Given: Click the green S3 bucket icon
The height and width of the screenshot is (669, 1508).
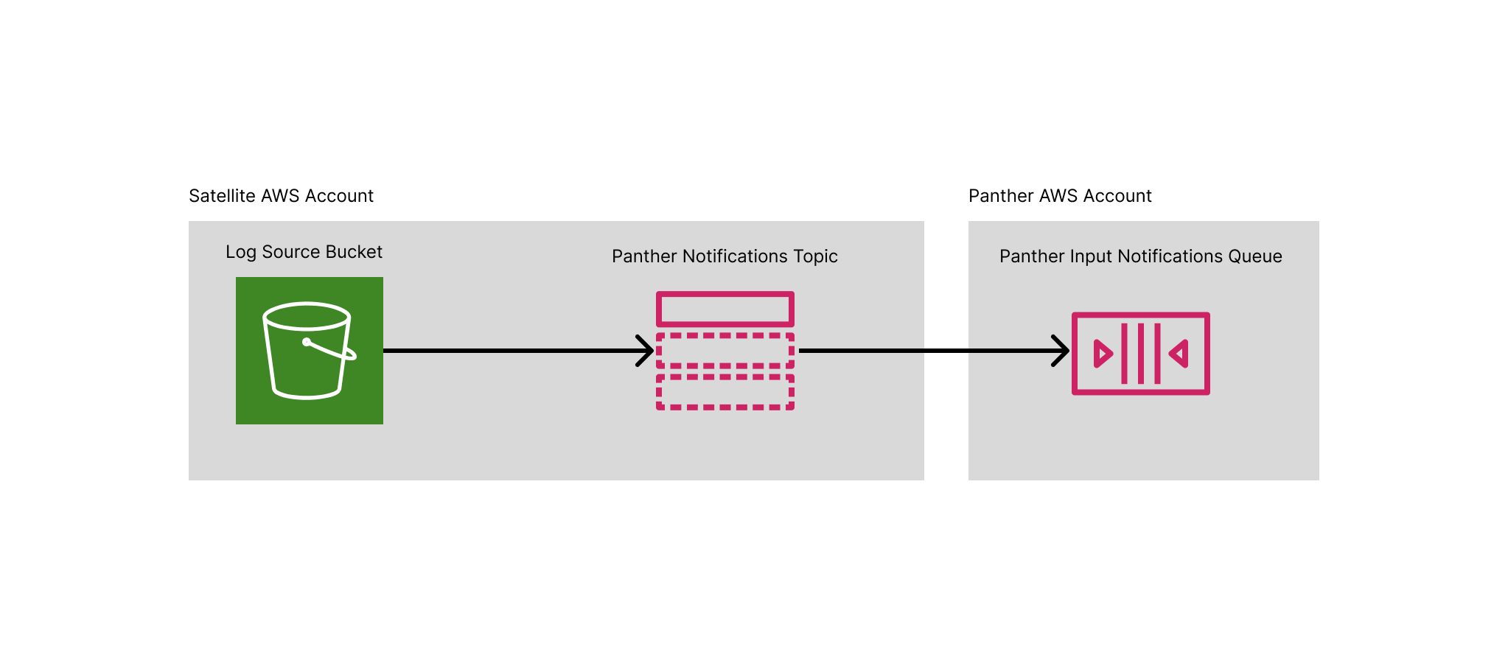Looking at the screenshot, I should click(x=310, y=351).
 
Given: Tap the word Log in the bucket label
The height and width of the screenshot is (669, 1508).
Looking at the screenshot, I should click(x=240, y=252).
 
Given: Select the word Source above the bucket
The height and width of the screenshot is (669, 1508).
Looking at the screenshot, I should click(x=290, y=252).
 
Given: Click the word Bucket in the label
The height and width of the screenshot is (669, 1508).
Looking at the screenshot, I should click(x=354, y=252).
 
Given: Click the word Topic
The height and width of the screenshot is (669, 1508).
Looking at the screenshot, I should click(x=815, y=256).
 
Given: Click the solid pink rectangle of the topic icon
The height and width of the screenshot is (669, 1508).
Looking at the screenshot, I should click(x=725, y=309).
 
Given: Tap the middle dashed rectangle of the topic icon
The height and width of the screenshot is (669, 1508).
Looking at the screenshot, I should click(x=725, y=351).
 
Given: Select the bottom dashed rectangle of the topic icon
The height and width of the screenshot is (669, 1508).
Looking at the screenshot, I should click(x=725, y=392).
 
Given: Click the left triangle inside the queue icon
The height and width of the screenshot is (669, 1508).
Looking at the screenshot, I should click(x=1103, y=354).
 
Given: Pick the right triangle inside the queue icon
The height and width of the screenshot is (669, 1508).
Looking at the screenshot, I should click(x=1179, y=354).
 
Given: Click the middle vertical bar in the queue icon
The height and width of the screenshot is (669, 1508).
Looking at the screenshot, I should click(x=1141, y=354).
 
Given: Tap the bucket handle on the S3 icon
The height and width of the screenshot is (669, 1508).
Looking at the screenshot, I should click(x=332, y=350).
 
